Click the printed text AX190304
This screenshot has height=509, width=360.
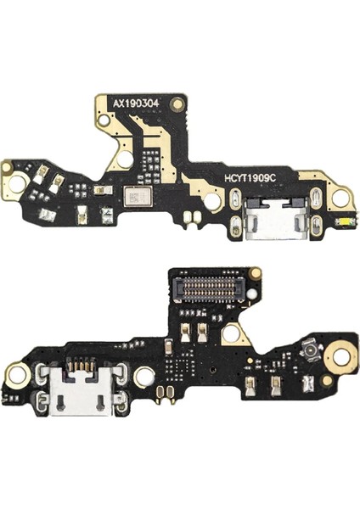point(136,103)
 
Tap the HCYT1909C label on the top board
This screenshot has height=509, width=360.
point(250,177)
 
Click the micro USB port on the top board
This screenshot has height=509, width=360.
point(275,219)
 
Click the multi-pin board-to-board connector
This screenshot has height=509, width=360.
point(208,287)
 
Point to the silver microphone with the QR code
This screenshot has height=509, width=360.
point(137,196)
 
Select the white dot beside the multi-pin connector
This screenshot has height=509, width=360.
point(250,294)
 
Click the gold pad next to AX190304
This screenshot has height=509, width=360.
point(177,104)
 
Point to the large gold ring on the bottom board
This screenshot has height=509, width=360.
point(340,356)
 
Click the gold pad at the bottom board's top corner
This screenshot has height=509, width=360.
point(255,272)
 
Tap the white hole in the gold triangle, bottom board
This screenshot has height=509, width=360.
point(231,333)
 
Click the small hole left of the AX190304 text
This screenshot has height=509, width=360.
point(104,120)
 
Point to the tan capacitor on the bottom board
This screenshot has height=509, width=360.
point(169,347)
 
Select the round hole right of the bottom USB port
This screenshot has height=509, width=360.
point(143,377)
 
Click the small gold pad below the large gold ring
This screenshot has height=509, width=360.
point(328,380)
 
